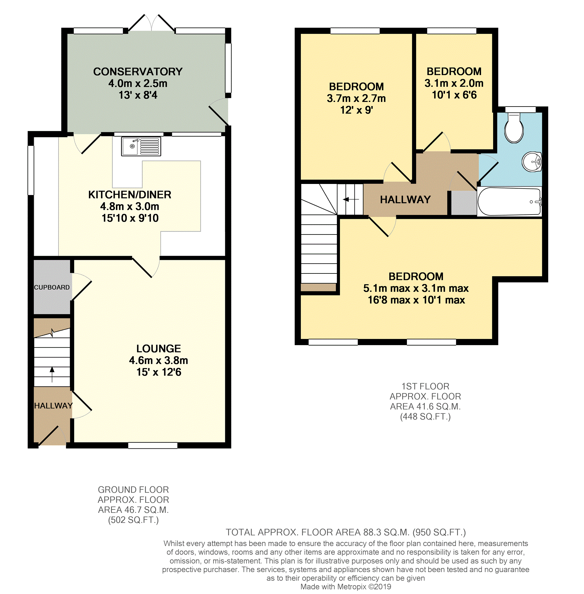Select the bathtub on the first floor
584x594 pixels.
pyautogui.click(x=509, y=201)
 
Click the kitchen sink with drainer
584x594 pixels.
pyautogui.click(x=141, y=146)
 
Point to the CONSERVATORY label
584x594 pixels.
pyautogui.click(x=138, y=72)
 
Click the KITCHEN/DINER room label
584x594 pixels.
pyautogui.click(x=130, y=194)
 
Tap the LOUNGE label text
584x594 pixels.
pyautogui.click(x=159, y=348)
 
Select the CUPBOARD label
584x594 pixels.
pyautogui.click(x=52, y=287)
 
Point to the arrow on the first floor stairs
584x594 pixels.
pyautogui.click(x=351, y=200)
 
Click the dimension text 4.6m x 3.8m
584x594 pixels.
pyautogui.click(x=159, y=360)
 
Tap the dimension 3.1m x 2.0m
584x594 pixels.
pyautogui.click(x=454, y=83)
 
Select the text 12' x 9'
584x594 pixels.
pyautogui.click(x=356, y=110)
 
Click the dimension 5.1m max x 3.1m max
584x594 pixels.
pyautogui.click(x=416, y=288)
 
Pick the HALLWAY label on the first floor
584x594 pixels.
pyautogui.click(x=405, y=200)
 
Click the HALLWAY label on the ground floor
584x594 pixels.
pyautogui.click(x=53, y=406)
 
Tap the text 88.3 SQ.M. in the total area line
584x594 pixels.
pyautogui.click(x=386, y=532)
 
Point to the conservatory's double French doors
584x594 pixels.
pyautogui.click(x=151, y=23)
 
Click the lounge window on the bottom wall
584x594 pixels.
pyautogui.click(x=153, y=445)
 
